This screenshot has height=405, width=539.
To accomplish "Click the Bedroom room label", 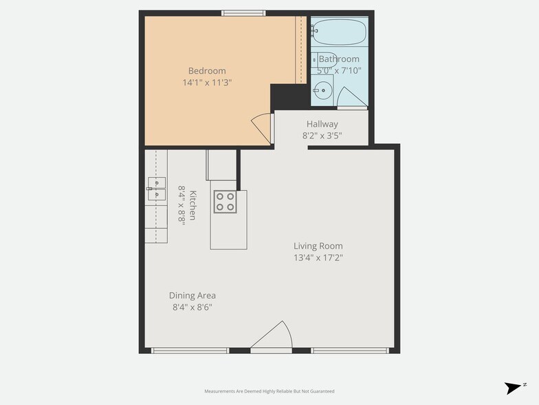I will pyautogui.click(x=207, y=71).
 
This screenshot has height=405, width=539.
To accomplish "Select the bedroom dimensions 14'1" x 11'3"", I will pyautogui.click(x=207, y=82).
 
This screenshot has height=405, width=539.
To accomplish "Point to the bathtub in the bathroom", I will pyautogui.click(x=340, y=31).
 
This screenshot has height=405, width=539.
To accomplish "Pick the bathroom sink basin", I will pyautogui.click(x=322, y=90).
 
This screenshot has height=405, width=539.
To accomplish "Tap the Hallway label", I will pyautogui.click(x=322, y=124).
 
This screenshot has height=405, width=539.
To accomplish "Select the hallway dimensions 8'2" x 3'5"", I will pyautogui.click(x=322, y=135).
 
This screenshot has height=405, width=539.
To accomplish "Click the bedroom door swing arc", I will pyautogui.click(x=262, y=127).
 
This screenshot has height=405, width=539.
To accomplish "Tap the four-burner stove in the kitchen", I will pyautogui.click(x=225, y=200).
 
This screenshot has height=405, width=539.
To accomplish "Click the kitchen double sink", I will pyautogui.click(x=156, y=188).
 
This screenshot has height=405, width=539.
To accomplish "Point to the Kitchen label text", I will pyautogui.click(x=193, y=205).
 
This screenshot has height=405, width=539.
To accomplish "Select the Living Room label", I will pyautogui.click(x=318, y=246).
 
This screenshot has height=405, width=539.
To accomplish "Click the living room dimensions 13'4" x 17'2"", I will pyautogui.click(x=318, y=258).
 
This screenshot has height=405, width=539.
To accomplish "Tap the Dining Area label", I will pyautogui.click(x=192, y=295).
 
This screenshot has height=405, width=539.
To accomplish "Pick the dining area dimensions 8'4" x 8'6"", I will pyautogui.click(x=192, y=307).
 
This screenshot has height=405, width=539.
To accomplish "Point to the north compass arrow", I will pyautogui.click(x=514, y=387).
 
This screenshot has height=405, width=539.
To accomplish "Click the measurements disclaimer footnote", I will pyautogui.click(x=269, y=391).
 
